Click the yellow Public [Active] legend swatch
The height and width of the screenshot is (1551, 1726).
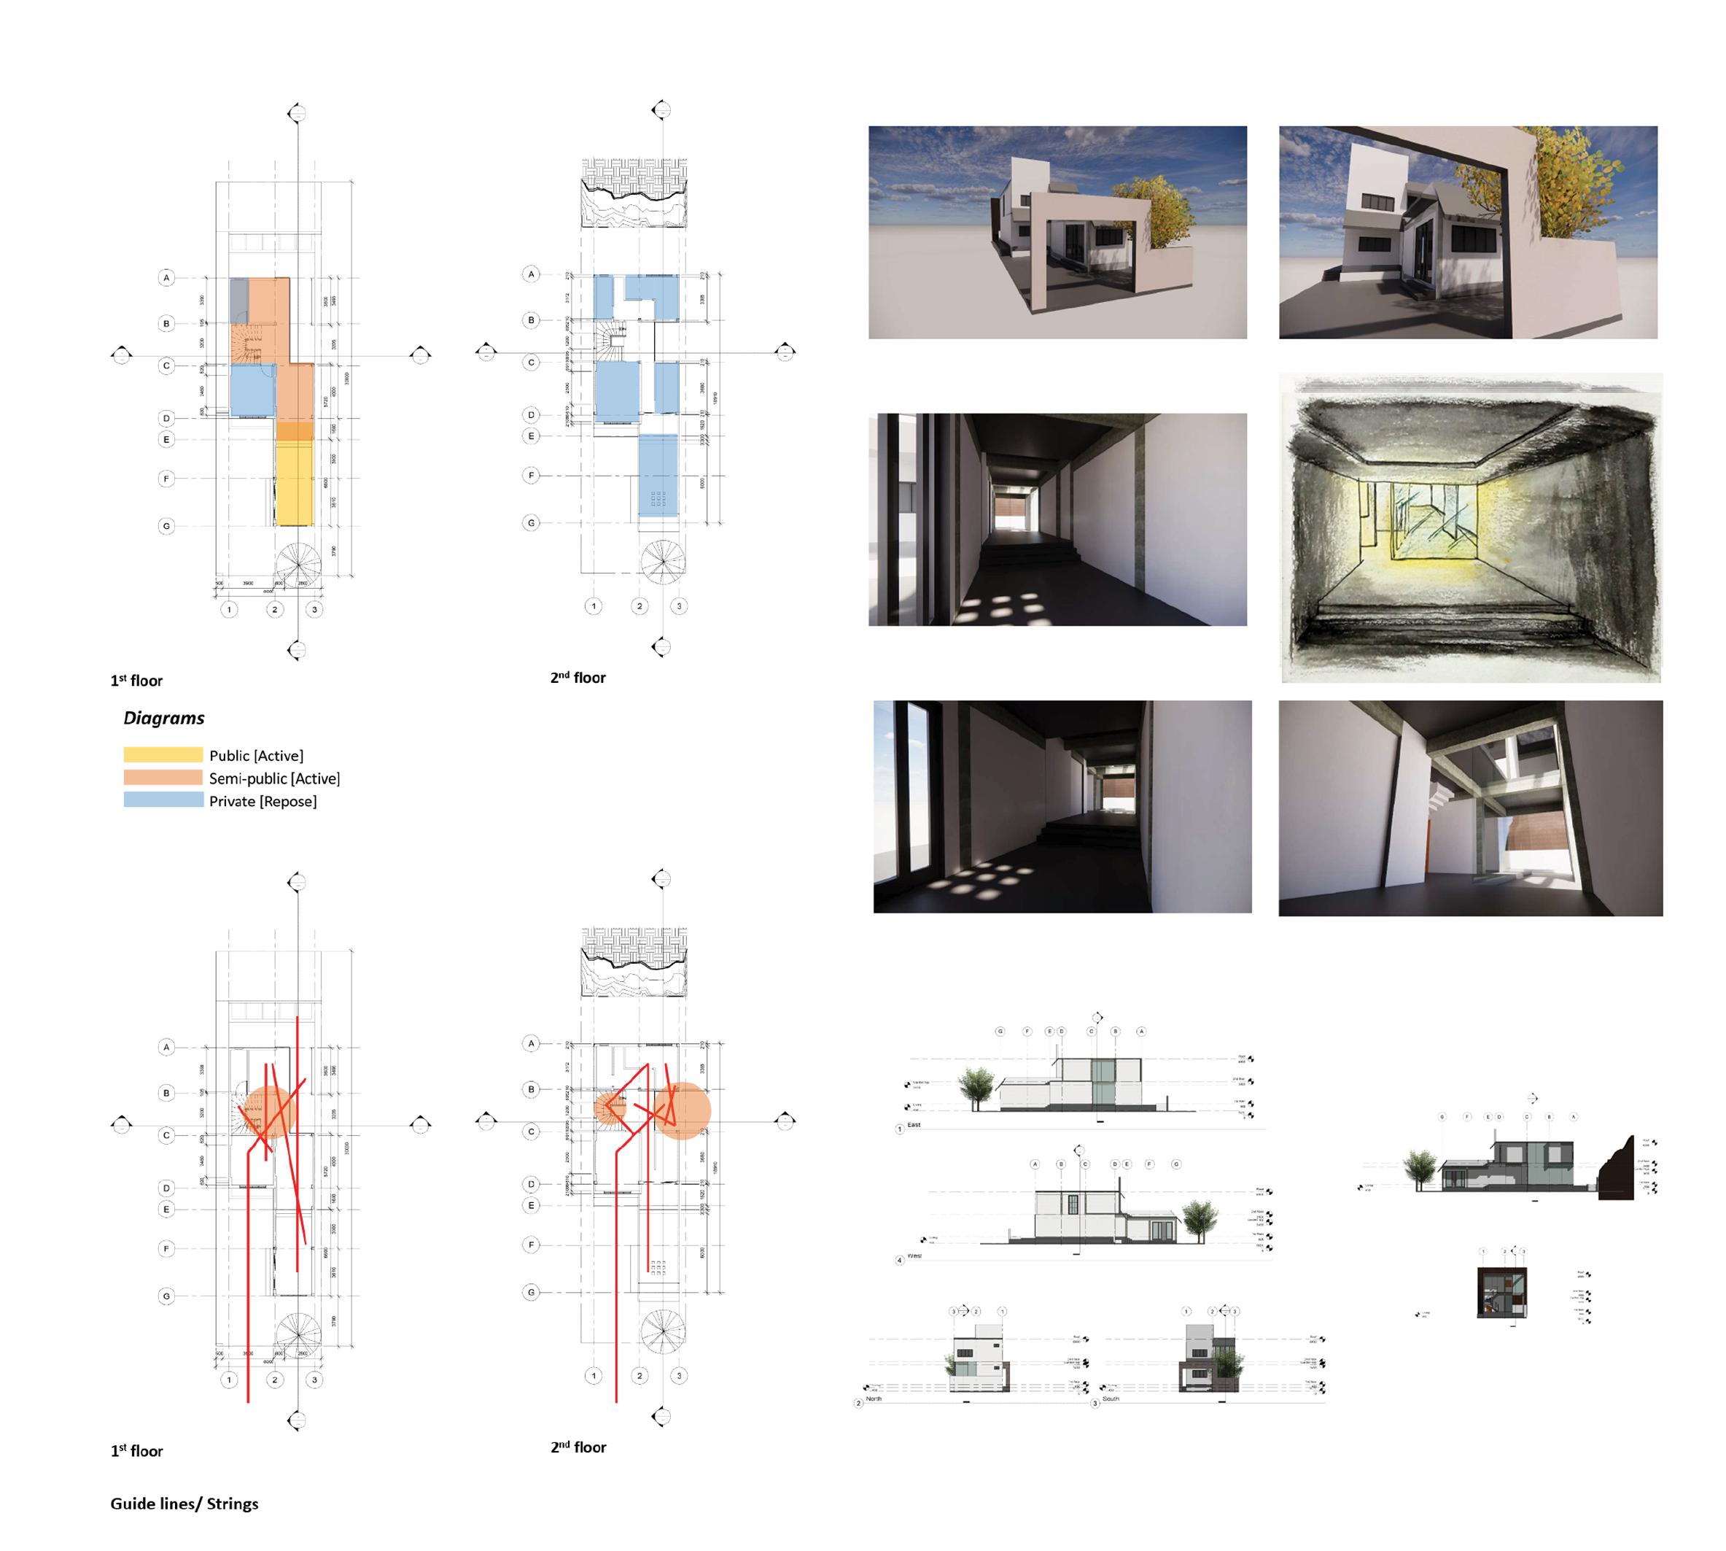point(163,754)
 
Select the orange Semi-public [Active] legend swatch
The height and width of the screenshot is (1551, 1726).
point(163,777)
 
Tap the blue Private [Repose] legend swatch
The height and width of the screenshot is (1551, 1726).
point(163,800)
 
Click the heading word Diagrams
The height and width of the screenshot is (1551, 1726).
point(163,718)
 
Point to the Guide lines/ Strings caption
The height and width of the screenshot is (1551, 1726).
point(184,1504)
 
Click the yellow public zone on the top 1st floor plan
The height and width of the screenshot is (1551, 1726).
point(295,481)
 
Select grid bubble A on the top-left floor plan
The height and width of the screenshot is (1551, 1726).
point(166,278)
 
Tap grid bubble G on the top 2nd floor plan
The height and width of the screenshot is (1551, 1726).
point(531,522)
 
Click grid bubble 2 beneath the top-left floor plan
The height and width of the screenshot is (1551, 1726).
point(274,609)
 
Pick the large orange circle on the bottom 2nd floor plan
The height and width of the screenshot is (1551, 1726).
point(682,1110)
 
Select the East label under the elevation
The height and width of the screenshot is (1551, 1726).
point(914,1125)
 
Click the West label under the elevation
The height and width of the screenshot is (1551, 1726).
point(914,1256)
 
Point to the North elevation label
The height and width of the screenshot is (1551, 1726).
point(874,1399)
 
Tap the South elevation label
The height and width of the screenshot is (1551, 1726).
point(1111,1399)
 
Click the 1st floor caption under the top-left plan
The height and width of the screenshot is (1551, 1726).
point(136,680)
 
